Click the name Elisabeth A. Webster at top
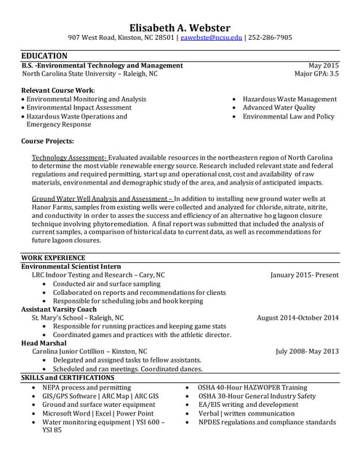point(180,22)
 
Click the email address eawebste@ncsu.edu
point(210,37)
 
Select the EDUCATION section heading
point(44,56)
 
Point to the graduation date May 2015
point(324,65)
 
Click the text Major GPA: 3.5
point(316,73)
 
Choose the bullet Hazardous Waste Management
point(289,99)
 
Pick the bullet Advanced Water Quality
point(279,108)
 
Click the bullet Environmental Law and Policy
point(288,116)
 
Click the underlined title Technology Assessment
point(70,158)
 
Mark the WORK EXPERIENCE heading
point(53,258)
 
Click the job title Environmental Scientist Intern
point(71,267)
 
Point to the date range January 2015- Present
point(304,275)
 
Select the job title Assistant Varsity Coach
point(59,309)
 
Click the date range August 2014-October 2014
point(297,318)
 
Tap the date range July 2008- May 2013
point(307,351)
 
